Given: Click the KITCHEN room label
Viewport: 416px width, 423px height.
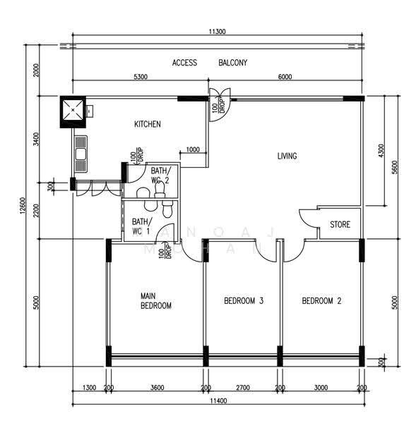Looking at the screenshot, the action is point(148,124).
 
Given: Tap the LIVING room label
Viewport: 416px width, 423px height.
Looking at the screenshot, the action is point(287,156).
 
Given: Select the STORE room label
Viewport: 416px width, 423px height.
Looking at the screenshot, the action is point(340,224).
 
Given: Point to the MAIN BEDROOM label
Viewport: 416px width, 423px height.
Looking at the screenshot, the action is point(156,301).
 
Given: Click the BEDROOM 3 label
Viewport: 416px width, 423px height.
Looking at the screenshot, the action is point(244,300).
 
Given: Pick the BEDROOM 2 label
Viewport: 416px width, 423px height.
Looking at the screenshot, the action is point(321,300).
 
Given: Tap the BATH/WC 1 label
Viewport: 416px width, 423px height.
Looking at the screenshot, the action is point(142,226).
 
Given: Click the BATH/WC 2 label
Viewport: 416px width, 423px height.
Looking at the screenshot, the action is point(161,175).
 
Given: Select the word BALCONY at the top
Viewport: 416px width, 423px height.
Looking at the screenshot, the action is point(233,63).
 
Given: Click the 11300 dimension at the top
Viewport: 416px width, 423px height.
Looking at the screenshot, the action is point(217,32).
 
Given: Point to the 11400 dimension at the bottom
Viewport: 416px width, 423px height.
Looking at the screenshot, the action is point(219,401).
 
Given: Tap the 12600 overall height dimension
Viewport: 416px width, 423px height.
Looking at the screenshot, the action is point(23,206).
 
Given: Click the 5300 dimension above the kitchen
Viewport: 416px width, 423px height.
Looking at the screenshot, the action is point(141,77).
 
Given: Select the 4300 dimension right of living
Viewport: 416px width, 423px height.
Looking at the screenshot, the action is point(381,151).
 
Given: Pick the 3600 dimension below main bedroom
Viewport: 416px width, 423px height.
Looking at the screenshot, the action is point(157,388).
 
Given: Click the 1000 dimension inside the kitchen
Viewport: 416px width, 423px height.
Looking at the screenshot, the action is point(193,149).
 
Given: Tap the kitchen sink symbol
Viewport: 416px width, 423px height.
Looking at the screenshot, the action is point(81,154).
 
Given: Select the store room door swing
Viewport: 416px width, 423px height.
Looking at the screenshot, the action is point(307,219).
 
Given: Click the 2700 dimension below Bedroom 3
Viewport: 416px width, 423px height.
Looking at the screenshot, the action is point(243,388).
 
